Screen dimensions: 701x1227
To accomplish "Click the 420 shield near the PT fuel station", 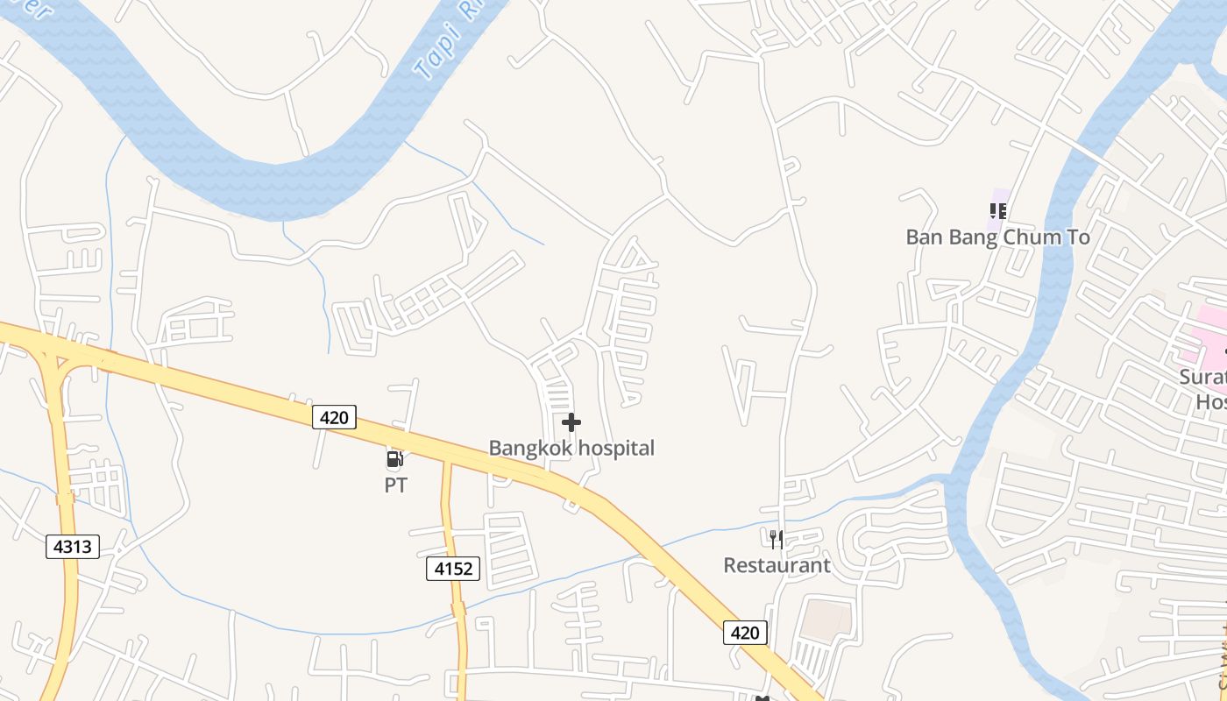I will tap(334, 417).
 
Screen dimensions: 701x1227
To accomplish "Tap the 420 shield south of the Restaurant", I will tap(745, 632).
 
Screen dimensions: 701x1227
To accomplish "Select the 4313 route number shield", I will tap(72, 547).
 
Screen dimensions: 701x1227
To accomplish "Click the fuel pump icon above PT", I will tap(395, 458).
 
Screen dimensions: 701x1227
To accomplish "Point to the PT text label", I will tap(396, 485).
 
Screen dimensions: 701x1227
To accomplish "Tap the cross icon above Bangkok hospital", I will tap(571, 423).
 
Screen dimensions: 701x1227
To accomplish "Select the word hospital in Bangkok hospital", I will tap(613, 448).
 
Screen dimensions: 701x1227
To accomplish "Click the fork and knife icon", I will tap(777, 538).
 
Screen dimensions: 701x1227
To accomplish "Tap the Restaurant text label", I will tap(777, 565).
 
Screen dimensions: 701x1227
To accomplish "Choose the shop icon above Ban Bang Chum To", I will tap(997, 210).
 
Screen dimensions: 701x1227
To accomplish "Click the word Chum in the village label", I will tap(1032, 237).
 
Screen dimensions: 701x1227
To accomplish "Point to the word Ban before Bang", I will tap(925, 237).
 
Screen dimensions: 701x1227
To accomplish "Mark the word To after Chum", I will tap(1078, 237).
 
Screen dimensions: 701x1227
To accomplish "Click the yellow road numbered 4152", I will tap(449, 517).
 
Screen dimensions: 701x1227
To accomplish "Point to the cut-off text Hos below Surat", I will tap(1210, 401).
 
